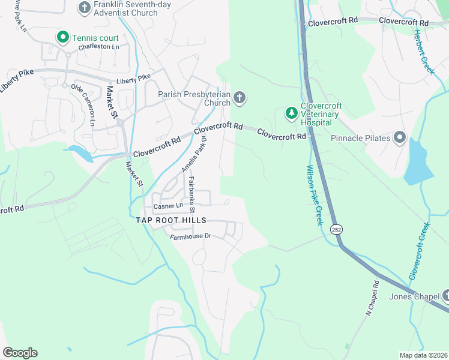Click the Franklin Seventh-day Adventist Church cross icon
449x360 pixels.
tap(85, 7)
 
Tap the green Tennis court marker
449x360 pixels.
tap(62, 38)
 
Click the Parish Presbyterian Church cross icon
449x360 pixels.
tap(240, 98)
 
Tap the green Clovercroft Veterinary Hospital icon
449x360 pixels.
tap(291, 113)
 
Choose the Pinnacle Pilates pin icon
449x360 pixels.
tap(400, 138)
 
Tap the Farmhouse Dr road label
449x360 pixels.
tap(191, 236)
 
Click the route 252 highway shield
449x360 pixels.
tap(336, 229)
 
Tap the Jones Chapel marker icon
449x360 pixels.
tap(446, 295)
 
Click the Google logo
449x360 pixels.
tap(20, 353)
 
